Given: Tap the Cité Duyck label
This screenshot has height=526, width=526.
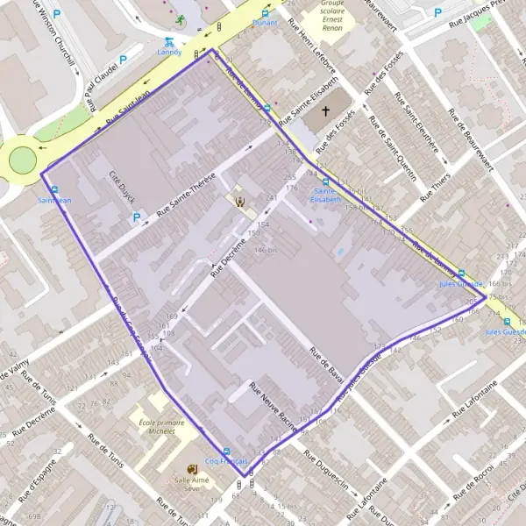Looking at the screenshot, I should pyautogui.click(x=122, y=186).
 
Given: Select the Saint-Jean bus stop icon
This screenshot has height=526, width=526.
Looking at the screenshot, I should pyautogui.click(x=55, y=189).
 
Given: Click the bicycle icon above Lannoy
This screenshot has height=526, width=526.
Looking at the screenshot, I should pyautogui.click(x=170, y=41).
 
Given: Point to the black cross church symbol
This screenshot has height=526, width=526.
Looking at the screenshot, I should pyautogui.click(x=327, y=111).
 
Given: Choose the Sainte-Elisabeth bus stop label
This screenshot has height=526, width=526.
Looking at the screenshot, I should pyautogui.click(x=326, y=195).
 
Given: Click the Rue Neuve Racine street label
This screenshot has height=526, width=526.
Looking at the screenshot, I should pyautogui.click(x=274, y=404).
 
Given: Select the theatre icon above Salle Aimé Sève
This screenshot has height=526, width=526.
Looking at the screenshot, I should pyautogui.click(x=193, y=469).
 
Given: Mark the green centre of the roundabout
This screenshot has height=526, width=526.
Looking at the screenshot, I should pyautogui.click(x=22, y=160).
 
